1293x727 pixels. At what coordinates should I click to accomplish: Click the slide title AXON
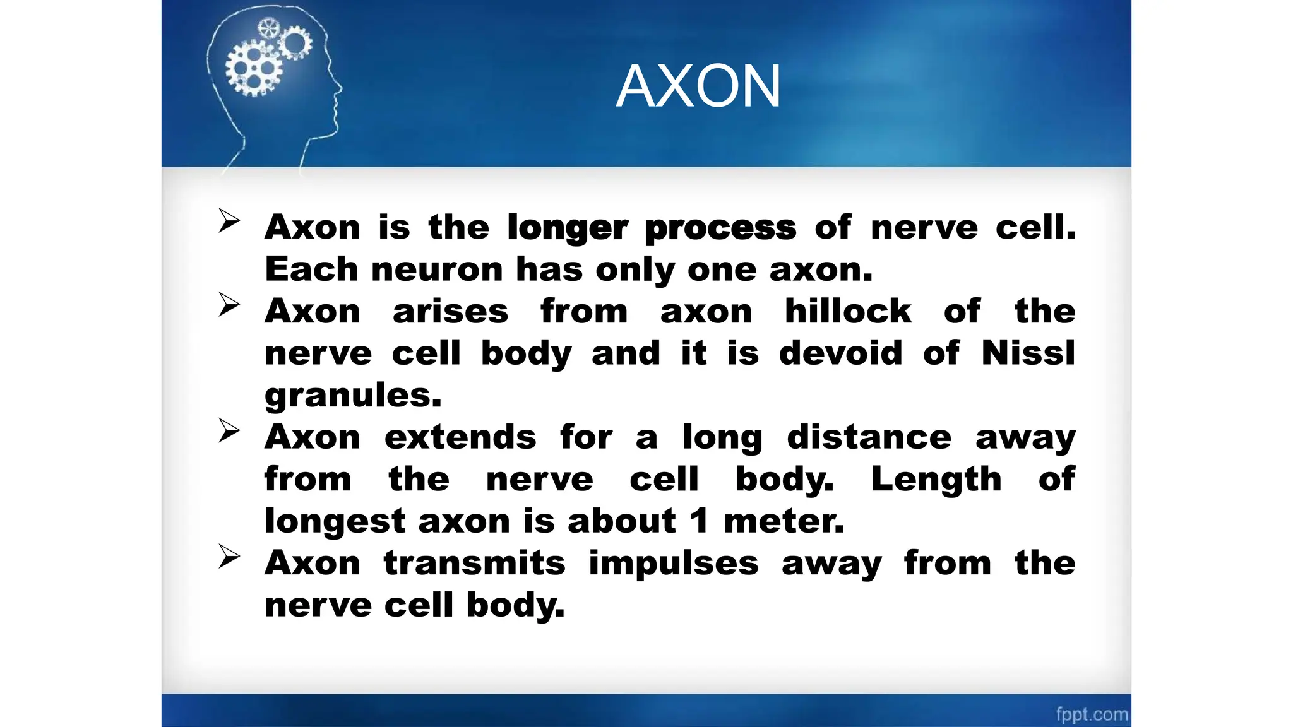click(698, 86)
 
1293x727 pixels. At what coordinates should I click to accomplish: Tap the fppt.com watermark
click(1092, 714)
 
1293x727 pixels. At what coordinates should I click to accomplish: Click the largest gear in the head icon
click(253, 69)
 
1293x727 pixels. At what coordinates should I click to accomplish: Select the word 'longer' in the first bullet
click(568, 227)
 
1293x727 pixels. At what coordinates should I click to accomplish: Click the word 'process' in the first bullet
click(720, 227)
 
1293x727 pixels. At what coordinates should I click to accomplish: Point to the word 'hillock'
click(847, 311)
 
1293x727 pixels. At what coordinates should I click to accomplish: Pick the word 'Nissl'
click(1028, 353)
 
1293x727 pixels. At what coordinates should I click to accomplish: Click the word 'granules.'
click(353, 396)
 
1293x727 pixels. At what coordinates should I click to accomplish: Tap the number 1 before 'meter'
click(698, 521)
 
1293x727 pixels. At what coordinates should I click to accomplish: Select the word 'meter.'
click(784, 521)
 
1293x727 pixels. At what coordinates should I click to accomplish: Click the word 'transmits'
click(474, 563)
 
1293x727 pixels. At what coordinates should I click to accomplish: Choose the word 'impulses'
click(673, 563)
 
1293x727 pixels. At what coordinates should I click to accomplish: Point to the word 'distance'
click(869, 437)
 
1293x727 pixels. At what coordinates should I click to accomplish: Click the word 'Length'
click(936, 479)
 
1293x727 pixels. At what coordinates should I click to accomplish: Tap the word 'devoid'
click(840, 353)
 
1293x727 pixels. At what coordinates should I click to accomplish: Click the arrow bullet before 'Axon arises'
click(229, 305)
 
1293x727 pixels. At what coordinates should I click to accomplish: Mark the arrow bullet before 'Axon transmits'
click(229, 557)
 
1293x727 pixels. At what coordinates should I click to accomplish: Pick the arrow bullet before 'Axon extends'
click(229, 431)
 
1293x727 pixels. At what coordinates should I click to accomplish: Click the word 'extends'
click(460, 437)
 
